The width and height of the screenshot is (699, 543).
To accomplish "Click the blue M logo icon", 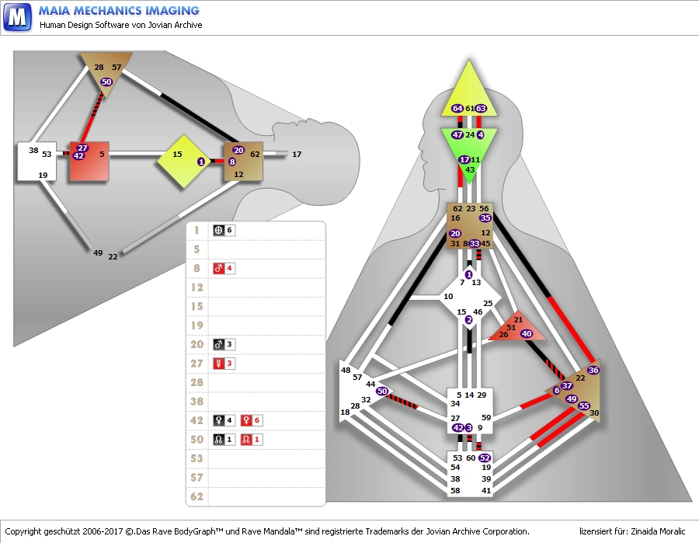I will [x=17, y=16].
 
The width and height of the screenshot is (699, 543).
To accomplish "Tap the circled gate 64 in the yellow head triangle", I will [x=457, y=108].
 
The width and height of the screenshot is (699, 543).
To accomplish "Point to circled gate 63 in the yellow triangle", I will [x=481, y=108].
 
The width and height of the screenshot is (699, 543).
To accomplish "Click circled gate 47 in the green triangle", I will [x=457, y=134].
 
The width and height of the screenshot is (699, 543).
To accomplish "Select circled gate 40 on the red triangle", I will [x=527, y=333].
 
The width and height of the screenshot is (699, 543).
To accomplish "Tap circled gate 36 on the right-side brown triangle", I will [x=593, y=371].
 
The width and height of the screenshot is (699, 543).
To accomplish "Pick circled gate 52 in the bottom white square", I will [x=485, y=458].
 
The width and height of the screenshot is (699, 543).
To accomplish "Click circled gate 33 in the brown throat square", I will [x=474, y=243].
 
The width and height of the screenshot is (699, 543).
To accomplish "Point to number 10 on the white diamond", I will [x=448, y=297].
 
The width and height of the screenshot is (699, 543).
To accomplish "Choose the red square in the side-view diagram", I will [x=89, y=162].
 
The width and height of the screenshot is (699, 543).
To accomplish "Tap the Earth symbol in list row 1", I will [x=219, y=231].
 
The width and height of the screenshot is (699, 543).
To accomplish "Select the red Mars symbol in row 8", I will [x=219, y=269].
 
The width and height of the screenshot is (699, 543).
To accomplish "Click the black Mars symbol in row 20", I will [x=219, y=344].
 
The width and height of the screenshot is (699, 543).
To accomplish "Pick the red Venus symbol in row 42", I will [x=247, y=420].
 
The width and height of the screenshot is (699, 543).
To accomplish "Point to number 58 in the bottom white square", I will [x=455, y=490].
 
